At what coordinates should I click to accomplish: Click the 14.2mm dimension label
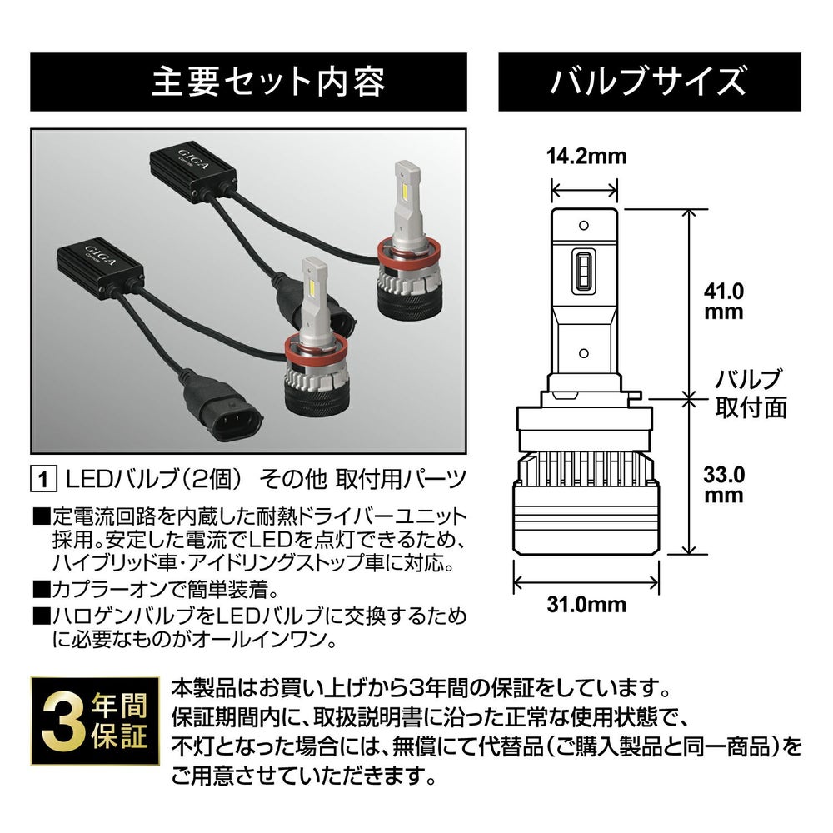(x=585, y=157)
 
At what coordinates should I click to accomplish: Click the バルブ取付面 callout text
(x=751, y=393)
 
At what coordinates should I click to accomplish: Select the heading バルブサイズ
(x=647, y=82)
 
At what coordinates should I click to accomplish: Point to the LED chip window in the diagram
(x=585, y=272)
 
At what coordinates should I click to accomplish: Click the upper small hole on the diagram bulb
(x=585, y=225)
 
